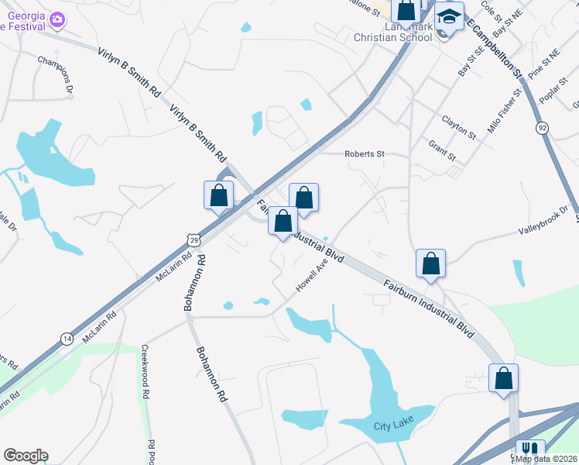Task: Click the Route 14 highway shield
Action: tap(67, 338)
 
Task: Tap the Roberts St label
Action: tap(365, 153)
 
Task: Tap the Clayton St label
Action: tap(458, 128)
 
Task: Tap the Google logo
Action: tap(26, 456)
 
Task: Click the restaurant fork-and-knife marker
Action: tap(530, 450)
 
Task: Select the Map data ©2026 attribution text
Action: tap(546, 458)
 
